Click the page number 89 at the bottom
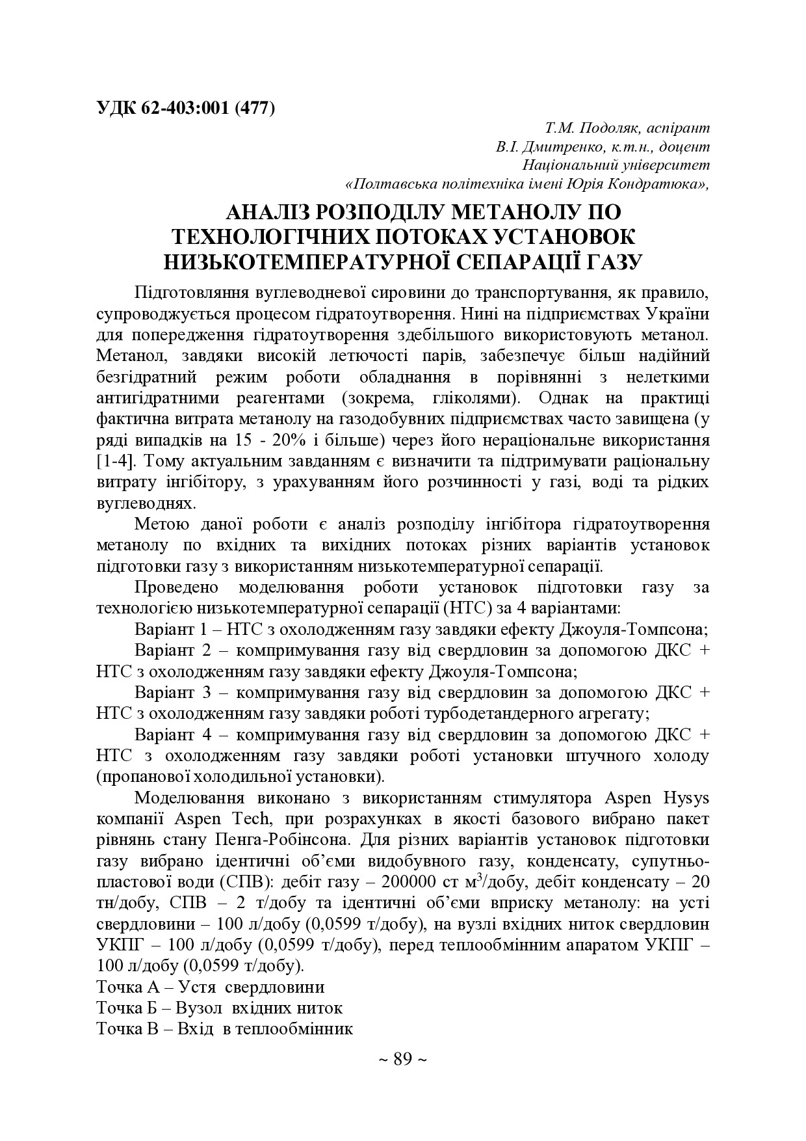402,1060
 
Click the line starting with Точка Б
219,1008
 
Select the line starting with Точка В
224,1029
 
